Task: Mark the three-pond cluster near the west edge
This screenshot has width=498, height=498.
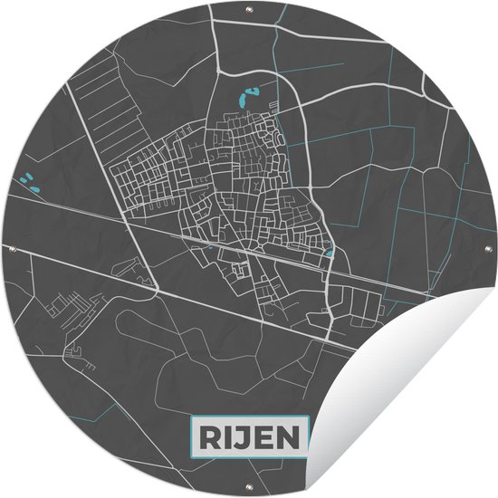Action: pyautogui.click(x=30, y=184)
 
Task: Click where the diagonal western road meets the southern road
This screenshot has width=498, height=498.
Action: pyautogui.click(x=160, y=291)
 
